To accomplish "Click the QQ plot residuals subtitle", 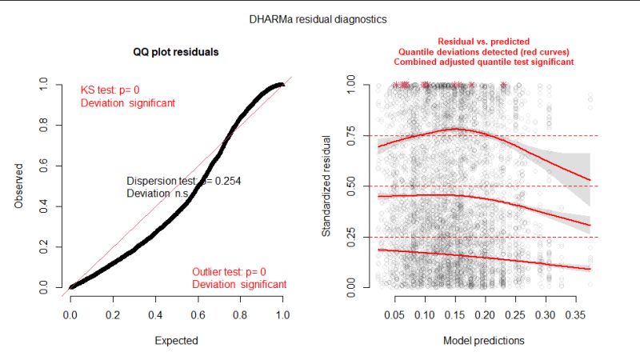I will point(176,52).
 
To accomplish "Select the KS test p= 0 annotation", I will point(115,90).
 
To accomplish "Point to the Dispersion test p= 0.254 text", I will point(184,182).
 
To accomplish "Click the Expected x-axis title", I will point(176,340).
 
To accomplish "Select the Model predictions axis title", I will point(484,340).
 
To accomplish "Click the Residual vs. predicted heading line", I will point(483,41).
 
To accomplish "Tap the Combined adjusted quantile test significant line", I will point(483,61).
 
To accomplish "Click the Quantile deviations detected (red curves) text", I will point(483,50).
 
